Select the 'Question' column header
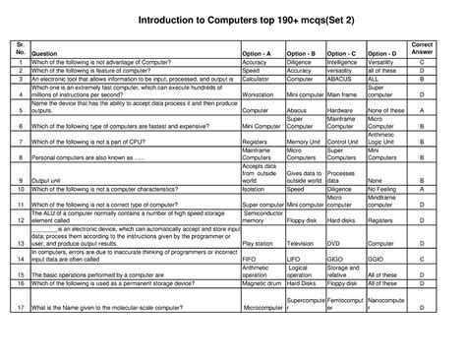[x=44, y=53]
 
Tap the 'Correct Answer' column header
[x=422, y=48]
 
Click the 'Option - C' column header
[x=341, y=53]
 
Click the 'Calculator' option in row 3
[x=258, y=79]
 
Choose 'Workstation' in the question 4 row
[x=261, y=94]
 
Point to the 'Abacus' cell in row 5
[x=297, y=111]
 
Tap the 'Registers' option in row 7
[x=256, y=143]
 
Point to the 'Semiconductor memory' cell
[x=262, y=216]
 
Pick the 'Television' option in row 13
[x=301, y=243]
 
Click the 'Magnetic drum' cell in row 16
[x=262, y=283]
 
